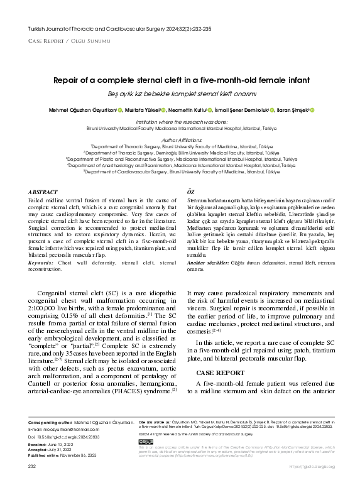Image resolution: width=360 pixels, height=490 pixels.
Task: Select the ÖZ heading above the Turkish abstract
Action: (x=192, y=191)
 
